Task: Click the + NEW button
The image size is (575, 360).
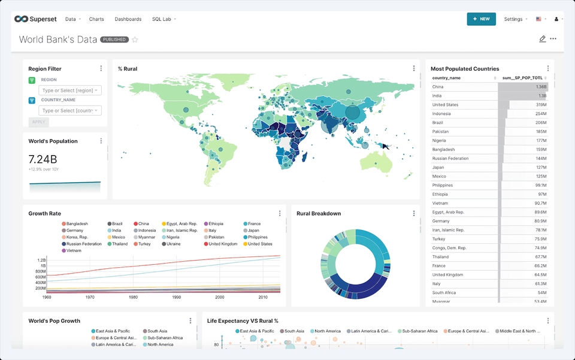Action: tap(481, 19)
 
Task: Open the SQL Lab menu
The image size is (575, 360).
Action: tap(163, 19)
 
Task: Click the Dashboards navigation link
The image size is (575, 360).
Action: tap(128, 19)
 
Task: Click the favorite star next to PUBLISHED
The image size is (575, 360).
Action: tap(135, 40)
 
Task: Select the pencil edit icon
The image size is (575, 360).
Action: tap(542, 39)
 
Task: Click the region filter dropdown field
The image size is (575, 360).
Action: tap(70, 90)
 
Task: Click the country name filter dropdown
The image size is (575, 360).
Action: tap(70, 110)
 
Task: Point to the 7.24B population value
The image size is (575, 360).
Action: tap(43, 159)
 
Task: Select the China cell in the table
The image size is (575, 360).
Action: tap(438, 87)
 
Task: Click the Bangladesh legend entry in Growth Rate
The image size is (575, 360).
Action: tap(76, 224)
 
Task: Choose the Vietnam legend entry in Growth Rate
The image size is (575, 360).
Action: tap(74, 251)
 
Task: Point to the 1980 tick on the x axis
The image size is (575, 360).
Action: tap(133, 297)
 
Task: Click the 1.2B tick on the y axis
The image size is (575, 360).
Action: tap(41, 261)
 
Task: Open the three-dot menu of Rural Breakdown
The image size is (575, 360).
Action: tap(414, 213)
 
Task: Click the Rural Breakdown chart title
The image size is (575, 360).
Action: tap(319, 214)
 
